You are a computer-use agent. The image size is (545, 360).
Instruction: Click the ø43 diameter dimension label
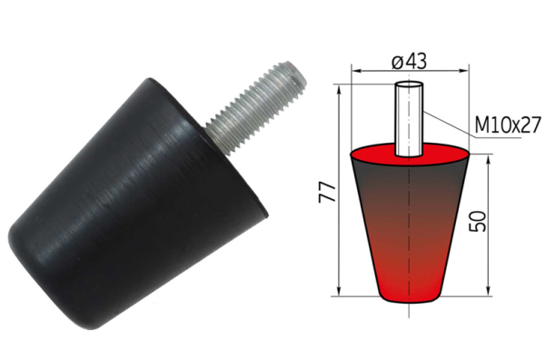point(409,62)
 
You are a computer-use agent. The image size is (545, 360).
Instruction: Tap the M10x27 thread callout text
point(508,125)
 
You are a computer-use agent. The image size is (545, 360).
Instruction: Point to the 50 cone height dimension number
point(477,221)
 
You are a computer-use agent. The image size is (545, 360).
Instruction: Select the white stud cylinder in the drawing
point(409,118)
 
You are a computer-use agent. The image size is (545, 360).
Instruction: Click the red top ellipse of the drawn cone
point(411,154)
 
